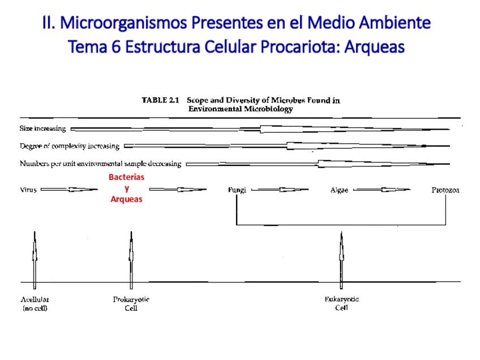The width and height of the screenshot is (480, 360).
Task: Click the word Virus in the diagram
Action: (x=28, y=190)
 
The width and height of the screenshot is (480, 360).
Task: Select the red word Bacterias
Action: (x=126, y=178)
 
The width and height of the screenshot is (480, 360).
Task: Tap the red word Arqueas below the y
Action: (x=126, y=199)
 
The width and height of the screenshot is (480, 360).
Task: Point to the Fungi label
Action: (x=237, y=190)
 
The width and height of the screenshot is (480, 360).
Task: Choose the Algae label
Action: (x=339, y=190)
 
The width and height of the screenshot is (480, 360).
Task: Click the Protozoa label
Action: (x=445, y=190)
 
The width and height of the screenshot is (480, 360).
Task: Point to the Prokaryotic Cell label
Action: (x=131, y=303)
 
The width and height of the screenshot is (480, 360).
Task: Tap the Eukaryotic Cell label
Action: (x=341, y=303)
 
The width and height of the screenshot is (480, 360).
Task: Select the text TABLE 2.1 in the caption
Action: (x=160, y=101)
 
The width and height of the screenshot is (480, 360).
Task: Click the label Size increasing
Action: (x=43, y=129)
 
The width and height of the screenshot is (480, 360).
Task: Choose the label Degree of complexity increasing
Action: (x=70, y=147)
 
